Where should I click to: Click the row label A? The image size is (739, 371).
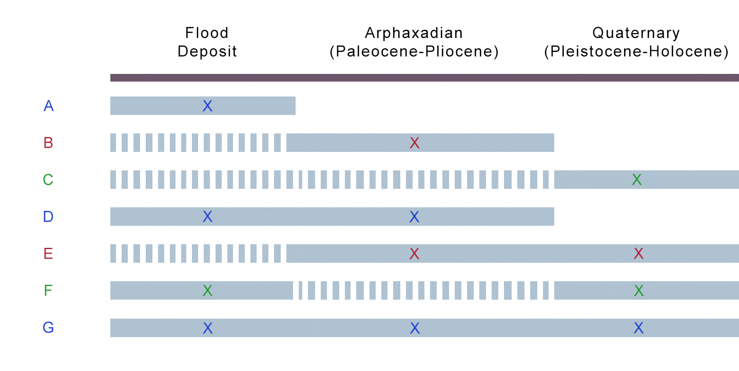(49, 106)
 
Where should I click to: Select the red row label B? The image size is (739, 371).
(48, 143)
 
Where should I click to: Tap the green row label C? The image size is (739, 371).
(48, 180)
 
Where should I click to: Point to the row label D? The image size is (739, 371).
(48, 217)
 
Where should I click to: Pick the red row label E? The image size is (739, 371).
(48, 254)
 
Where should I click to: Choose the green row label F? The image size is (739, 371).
(48, 291)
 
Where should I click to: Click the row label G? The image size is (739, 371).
(48, 328)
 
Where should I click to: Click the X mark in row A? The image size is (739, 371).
(207, 106)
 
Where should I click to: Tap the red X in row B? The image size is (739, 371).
(415, 143)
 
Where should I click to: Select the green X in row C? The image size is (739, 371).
(636, 180)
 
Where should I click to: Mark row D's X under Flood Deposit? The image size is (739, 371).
(207, 217)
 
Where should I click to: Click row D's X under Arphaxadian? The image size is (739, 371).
(415, 217)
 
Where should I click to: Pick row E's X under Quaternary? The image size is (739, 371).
(638, 254)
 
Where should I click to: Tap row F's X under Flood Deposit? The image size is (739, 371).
(207, 291)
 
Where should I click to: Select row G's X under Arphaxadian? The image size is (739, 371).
(415, 328)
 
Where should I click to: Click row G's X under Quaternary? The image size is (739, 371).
(638, 328)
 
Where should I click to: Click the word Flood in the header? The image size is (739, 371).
(207, 33)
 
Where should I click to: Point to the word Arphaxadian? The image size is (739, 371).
(414, 33)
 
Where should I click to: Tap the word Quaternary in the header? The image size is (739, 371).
(636, 33)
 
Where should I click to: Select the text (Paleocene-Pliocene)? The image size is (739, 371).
(414, 52)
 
